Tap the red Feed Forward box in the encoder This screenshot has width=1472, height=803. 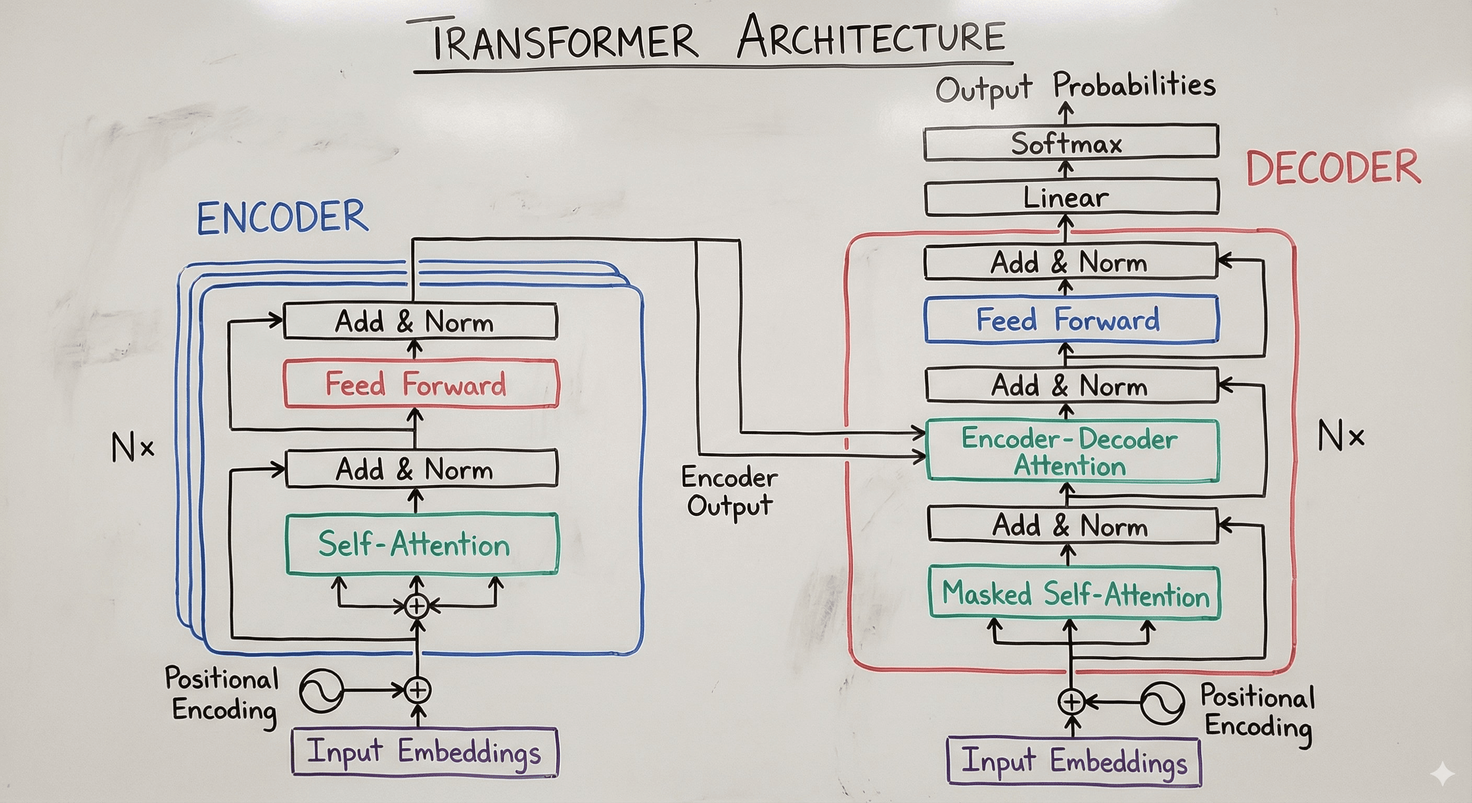point(421,384)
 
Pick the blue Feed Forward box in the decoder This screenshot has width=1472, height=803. point(1071,319)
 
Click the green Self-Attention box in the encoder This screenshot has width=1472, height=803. point(421,544)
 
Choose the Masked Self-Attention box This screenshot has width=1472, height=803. point(1074,593)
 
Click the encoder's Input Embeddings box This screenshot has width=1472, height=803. point(424,751)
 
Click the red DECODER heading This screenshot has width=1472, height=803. point(1332,167)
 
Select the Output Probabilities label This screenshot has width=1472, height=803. point(1074,87)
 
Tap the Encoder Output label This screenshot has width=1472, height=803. point(729,491)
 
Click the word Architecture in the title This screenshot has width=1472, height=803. point(871,37)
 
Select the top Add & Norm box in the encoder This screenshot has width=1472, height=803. point(419,320)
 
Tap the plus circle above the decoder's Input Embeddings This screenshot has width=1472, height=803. point(1072,701)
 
